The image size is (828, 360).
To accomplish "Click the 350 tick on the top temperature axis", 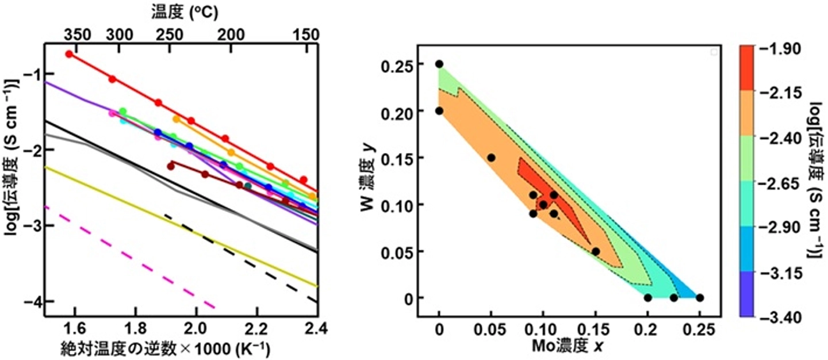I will click(x=77, y=34).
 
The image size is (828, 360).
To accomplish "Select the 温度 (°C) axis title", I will click(x=185, y=10).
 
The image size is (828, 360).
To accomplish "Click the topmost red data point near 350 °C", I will click(x=70, y=54).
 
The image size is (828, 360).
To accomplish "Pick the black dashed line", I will click(x=241, y=259).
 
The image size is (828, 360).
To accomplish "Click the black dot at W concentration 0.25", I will click(x=439, y=64).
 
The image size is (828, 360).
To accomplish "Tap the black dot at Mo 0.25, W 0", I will click(x=700, y=298).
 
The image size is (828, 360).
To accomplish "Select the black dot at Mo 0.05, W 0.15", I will click(x=491, y=158).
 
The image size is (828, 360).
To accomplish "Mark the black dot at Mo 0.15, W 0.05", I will click(x=596, y=251).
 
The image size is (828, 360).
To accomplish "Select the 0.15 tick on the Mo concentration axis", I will click(x=596, y=330).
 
